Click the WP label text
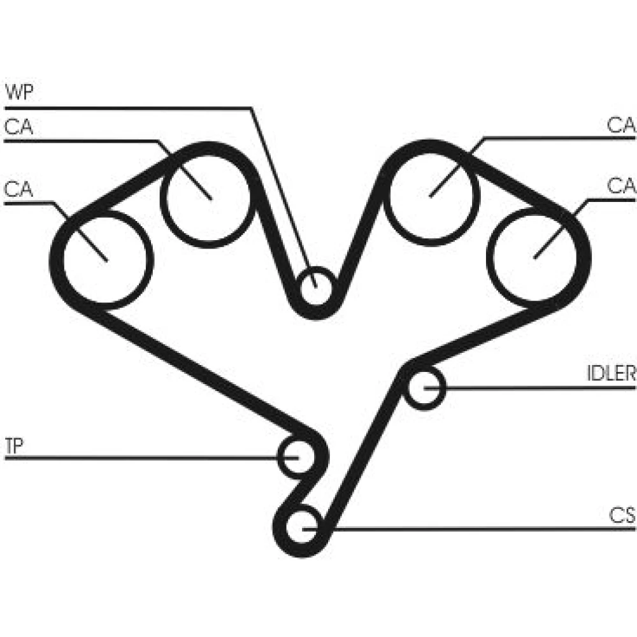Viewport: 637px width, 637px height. click(19, 92)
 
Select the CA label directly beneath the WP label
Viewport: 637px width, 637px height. click(18, 127)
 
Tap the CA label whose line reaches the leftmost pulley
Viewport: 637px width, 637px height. click(18, 189)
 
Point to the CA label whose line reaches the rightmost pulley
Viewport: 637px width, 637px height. click(621, 185)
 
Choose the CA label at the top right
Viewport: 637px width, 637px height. click(621, 125)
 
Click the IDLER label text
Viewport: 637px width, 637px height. click(612, 373)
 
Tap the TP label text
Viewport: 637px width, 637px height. click(14, 446)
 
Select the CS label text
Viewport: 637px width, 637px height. click(622, 515)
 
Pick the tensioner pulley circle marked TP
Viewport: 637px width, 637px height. click(297, 438)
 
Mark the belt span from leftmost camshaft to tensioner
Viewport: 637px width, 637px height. click(195, 369)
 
